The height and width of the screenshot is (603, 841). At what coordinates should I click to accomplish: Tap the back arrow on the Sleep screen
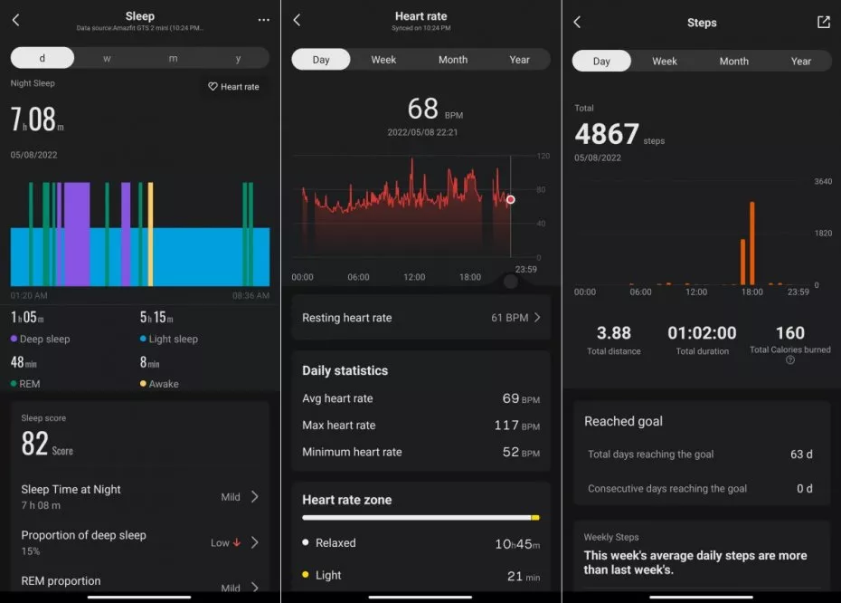pos(15,20)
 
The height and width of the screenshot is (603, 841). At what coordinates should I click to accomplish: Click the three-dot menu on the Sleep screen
pos(263,20)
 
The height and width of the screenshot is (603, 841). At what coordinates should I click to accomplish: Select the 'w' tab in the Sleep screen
pos(108,58)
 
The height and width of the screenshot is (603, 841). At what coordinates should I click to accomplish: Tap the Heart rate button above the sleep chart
pos(233,87)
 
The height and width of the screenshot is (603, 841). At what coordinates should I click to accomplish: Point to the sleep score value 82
pos(35,444)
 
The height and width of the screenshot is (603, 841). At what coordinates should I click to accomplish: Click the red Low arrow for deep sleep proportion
pos(237,542)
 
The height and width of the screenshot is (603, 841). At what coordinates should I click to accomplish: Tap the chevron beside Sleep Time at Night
pos(254,496)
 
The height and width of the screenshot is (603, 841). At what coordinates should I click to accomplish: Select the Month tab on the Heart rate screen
pos(453,60)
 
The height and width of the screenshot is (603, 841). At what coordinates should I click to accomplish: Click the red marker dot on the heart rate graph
pos(511,199)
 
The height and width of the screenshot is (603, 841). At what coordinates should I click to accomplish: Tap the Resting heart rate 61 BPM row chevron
pos(537,318)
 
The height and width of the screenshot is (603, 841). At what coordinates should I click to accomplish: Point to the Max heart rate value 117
pos(506,426)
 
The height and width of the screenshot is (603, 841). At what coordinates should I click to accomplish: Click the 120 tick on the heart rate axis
pos(543,157)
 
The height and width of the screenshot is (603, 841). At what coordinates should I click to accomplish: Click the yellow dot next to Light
pos(307,575)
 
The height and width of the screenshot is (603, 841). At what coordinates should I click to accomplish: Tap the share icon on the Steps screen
pos(823,22)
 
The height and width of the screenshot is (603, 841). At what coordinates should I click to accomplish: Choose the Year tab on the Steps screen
pos(801,62)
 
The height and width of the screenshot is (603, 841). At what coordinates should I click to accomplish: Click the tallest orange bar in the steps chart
pos(751,243)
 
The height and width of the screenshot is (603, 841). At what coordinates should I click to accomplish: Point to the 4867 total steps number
pos(607,135)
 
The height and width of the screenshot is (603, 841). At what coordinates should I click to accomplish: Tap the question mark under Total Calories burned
pos(790,360)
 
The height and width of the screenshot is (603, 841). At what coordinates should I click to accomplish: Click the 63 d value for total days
pos(801,455)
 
